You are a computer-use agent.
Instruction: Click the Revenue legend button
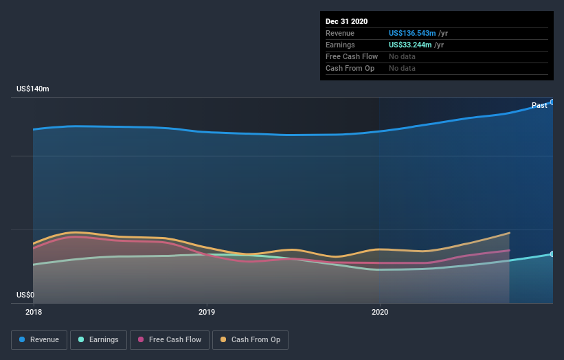click(40, 339)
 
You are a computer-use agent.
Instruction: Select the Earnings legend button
click(99, 339)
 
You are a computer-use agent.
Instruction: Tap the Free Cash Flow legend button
click(169, 339)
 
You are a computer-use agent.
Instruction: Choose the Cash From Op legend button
click(251, 339)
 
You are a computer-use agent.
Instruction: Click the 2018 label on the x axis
click(33, 311)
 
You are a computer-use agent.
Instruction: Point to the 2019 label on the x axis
click(206, 311)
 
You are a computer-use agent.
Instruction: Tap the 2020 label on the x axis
click(379, 311)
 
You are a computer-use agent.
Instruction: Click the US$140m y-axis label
click(33, 89)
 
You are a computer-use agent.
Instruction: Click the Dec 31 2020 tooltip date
click(346, 21)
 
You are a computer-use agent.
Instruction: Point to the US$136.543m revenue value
click(411, 33)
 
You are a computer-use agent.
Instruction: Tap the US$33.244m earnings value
click(408, 45)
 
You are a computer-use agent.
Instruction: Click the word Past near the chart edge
click(539, 105)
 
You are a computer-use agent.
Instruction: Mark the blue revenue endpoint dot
click(552, 102)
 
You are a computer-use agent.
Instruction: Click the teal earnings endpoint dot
click(552, 254)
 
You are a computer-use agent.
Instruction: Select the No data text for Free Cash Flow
click(402, 56)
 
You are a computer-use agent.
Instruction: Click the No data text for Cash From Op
click(402, 68)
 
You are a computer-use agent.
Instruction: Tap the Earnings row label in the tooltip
click(341, 45)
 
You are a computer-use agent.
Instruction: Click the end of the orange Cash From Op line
click(509, 233)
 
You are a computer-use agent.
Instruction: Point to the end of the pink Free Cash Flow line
click(509, 250)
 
